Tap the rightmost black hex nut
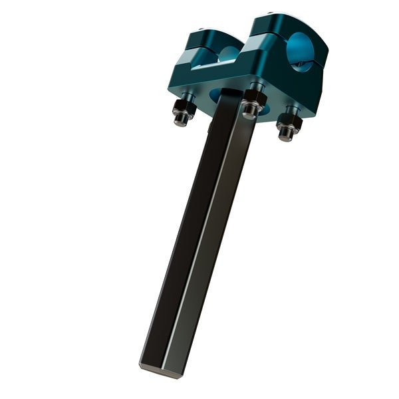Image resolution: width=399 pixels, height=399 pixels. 289,120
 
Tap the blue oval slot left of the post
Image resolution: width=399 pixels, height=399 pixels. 216,97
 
